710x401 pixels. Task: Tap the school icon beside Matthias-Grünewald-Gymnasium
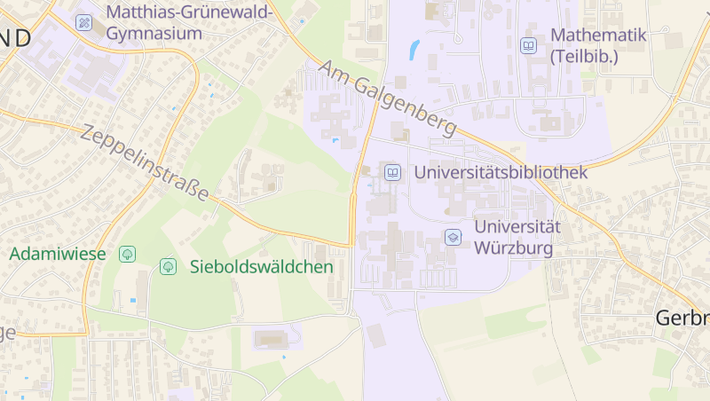click(84, 22)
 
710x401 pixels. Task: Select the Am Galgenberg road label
click(389, 98)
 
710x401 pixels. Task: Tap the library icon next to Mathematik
click(528, 45)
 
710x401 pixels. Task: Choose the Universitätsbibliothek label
click(501, 172)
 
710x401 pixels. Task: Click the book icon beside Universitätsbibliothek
click(391, 172)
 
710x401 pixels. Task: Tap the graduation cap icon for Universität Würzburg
click(453, 237)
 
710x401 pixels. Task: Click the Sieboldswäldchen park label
click(261, 266)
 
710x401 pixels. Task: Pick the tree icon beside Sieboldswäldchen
click(168, 266)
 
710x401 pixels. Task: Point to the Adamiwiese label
click(58, 254)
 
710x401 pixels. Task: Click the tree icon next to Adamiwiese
click(127, 254)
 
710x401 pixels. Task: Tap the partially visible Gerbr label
click(682, 318)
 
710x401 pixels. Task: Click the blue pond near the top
click(414, 50)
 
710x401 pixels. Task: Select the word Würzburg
click(514, 248)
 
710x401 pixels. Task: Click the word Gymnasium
click(154, 33)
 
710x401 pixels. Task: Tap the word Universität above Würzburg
click(517, 226)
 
